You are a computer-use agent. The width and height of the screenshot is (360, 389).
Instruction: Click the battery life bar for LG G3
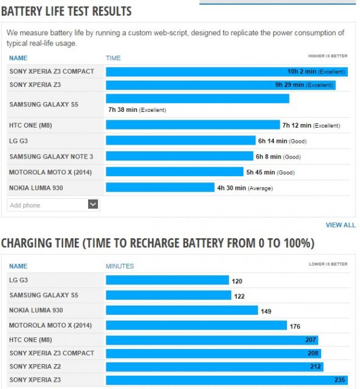coord(181,140)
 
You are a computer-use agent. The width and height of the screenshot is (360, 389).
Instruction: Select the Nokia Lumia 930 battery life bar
coord(160,187)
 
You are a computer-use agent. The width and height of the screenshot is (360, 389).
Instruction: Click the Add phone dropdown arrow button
coord(93,204)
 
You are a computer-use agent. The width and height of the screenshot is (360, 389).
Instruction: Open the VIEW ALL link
coord(341,225)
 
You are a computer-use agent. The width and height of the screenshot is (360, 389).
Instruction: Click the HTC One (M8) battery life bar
coord(193,125)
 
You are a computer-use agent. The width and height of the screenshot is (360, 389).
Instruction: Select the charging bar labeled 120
coord(167,280)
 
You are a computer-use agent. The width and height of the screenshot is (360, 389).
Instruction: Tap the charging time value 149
coord(266,311)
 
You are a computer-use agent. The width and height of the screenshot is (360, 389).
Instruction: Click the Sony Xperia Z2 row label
coord(35,367)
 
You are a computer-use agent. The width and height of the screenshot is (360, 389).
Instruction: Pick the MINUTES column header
coord(120,266)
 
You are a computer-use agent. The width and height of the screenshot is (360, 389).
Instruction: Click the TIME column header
coord(113,58)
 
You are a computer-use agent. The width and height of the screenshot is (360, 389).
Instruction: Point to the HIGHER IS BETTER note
coord(328,56)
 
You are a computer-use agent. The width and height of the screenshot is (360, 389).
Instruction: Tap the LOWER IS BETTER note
coord(328,264)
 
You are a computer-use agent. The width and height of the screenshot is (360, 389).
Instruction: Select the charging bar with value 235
coord(227,380)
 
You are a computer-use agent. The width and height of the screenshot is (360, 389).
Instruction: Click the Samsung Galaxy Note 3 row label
coord(51,157)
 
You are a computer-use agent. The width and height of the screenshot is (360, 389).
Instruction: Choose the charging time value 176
coord(295,326)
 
